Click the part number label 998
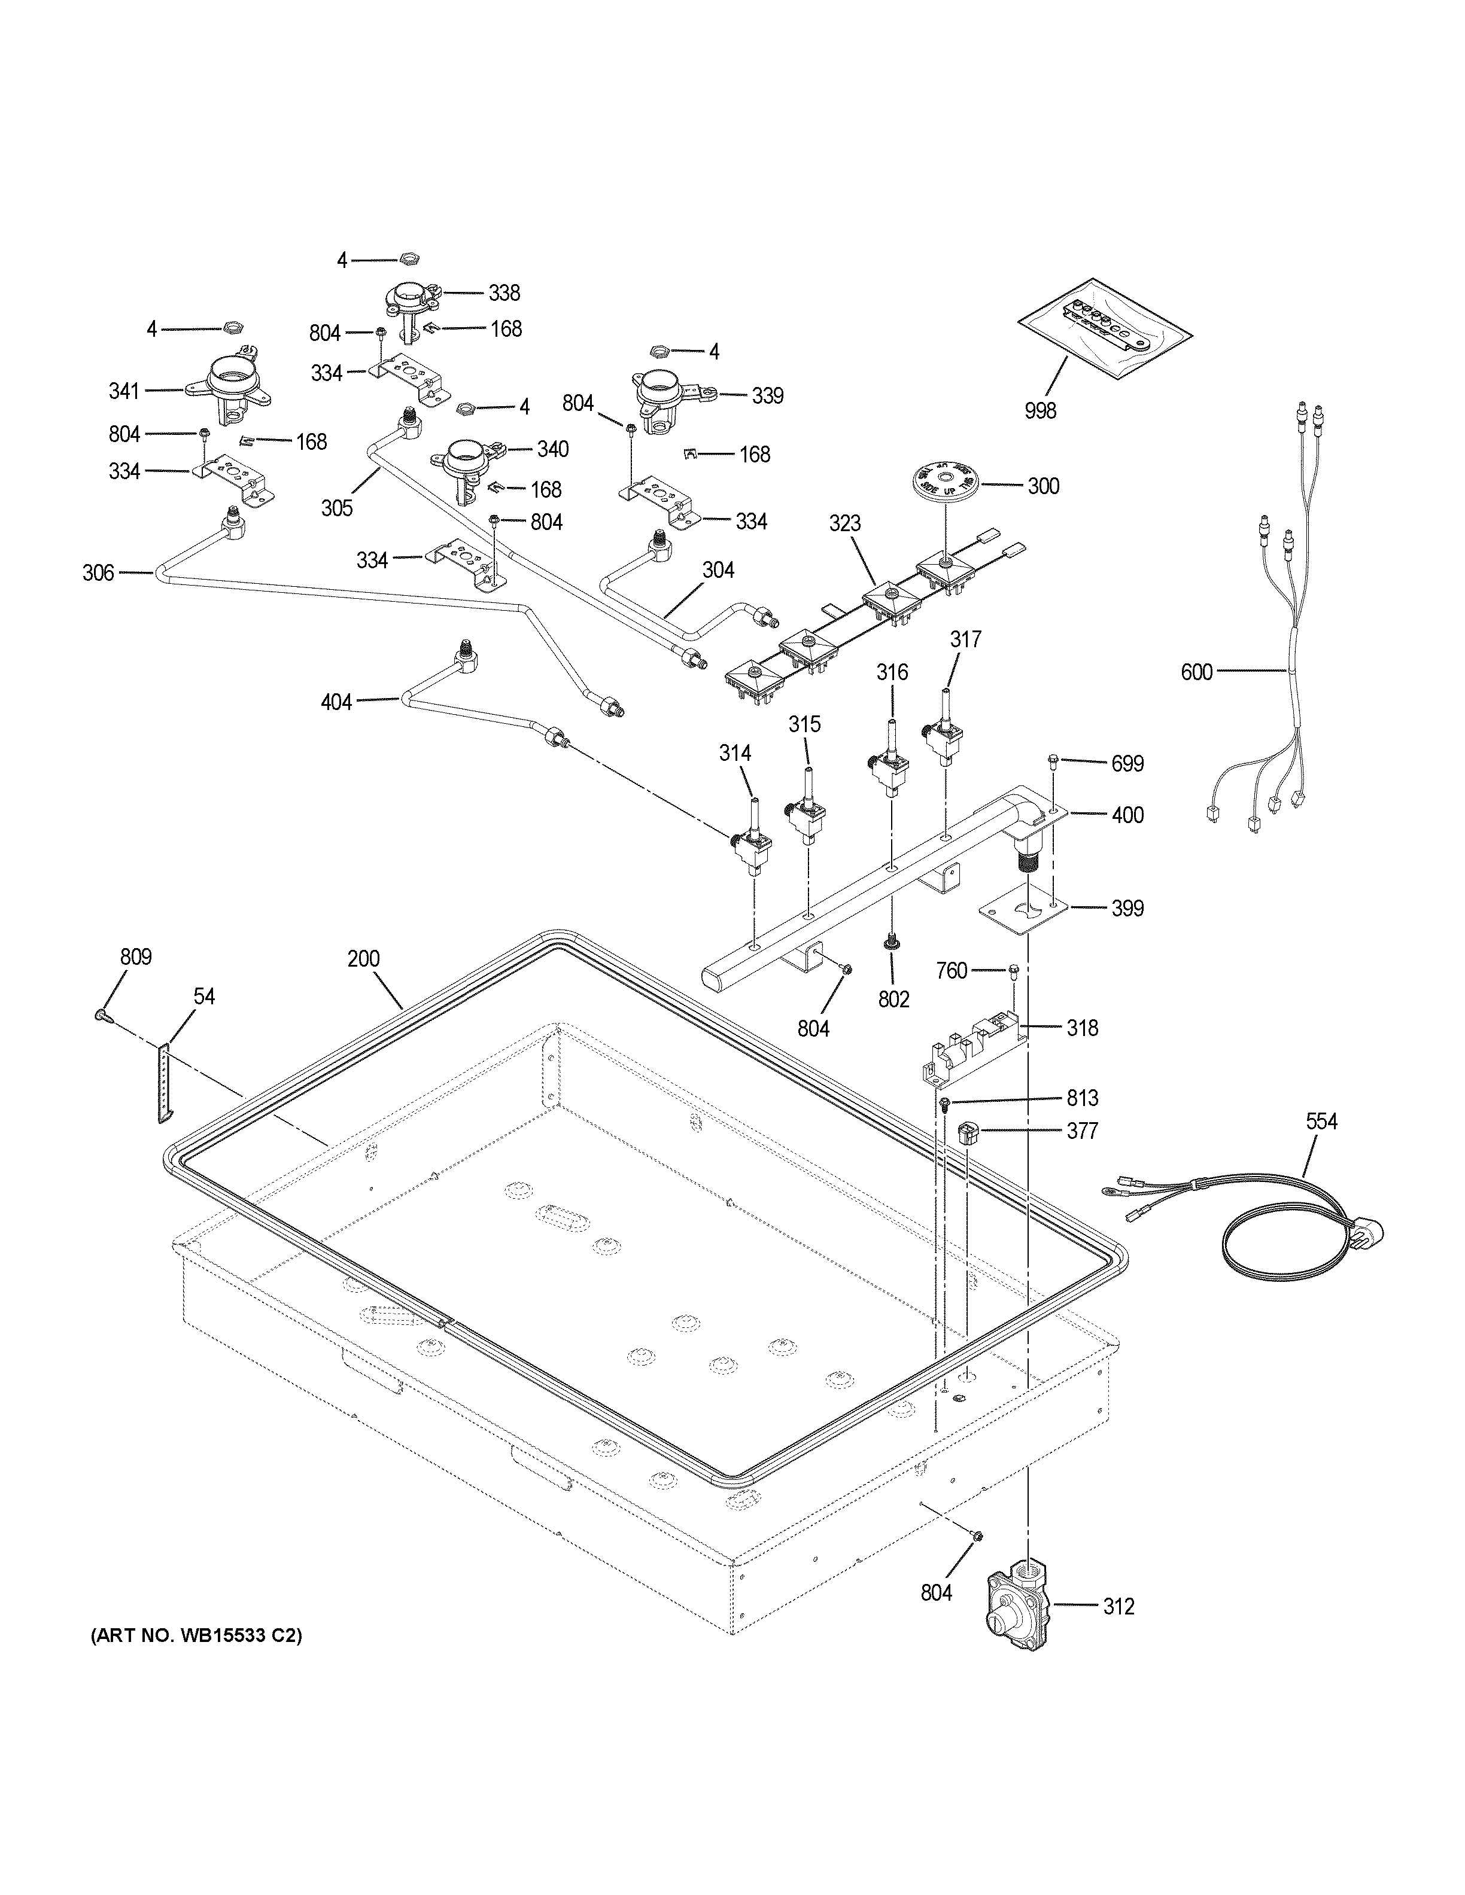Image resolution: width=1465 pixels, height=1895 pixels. [x=1040, y=410]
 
